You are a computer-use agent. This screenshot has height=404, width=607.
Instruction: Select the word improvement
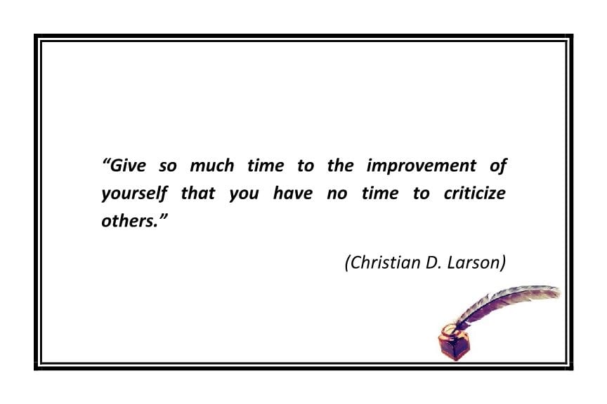(x=422, y=167)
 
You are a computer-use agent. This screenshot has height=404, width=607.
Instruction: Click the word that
(x=198, y=193)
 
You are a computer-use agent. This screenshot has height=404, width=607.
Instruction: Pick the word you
(x=244, y=194)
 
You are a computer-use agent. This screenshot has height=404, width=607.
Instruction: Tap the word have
(x=292, y=193)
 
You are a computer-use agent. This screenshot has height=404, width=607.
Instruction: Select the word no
(x=337, y=194)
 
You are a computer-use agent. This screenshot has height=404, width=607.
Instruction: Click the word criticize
(x=474, y=193)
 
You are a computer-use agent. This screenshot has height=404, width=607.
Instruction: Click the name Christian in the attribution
(x=384, y=262)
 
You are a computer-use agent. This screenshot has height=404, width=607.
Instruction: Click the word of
(x=497, y=166)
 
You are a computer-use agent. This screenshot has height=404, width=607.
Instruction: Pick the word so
(x=169, y=167)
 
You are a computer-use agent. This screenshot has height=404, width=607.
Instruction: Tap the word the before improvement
(x=341, y=166)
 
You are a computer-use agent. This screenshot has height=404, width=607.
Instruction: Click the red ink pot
(x=452, y=344)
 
